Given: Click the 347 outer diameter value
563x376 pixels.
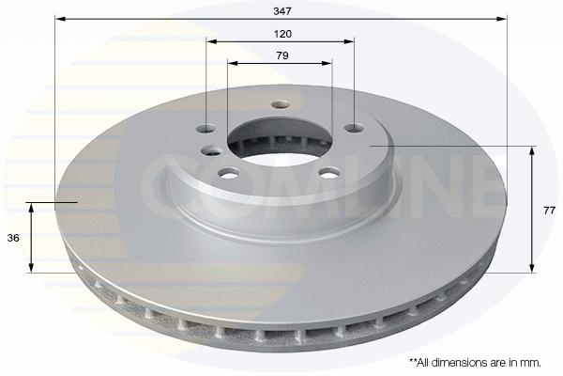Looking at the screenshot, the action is coord(282,11).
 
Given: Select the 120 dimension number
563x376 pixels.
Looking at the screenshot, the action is coord(282,34).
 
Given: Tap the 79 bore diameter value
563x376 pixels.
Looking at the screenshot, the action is coord(282,55).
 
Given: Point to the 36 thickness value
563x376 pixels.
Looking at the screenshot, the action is coord(13,238).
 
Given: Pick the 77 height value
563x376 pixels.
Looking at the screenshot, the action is coord(549,211).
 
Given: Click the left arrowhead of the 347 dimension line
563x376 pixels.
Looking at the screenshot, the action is coord(60,19).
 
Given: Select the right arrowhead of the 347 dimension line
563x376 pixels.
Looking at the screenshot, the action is coord(502,19).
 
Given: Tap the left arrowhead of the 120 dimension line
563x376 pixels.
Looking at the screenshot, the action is coord(212,41).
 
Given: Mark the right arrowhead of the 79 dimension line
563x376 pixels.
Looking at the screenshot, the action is coord(327,63).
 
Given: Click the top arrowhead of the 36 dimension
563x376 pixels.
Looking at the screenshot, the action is coord(31,209).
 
